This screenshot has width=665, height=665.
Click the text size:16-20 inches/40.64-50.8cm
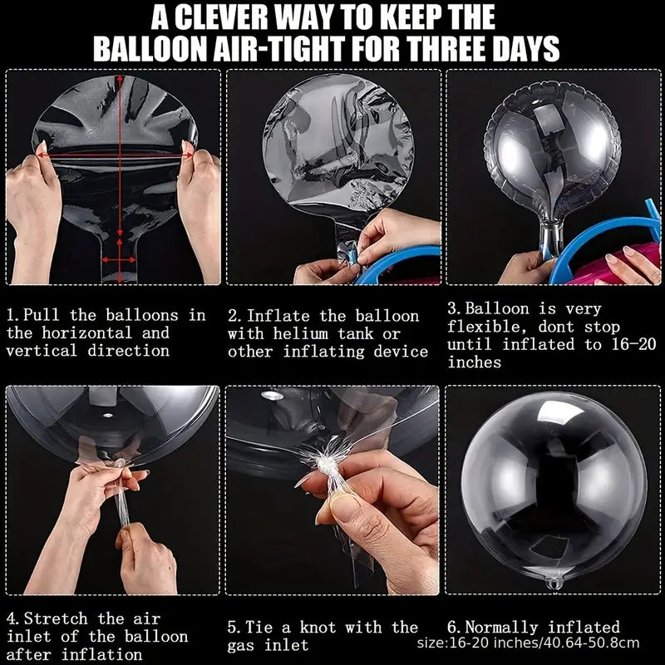(x=528, y=643)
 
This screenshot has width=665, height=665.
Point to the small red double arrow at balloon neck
(x=122, y=259)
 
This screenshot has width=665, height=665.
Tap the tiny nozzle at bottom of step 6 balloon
(x=549, y=585)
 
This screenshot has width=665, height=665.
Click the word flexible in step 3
(x=482, y=325)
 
